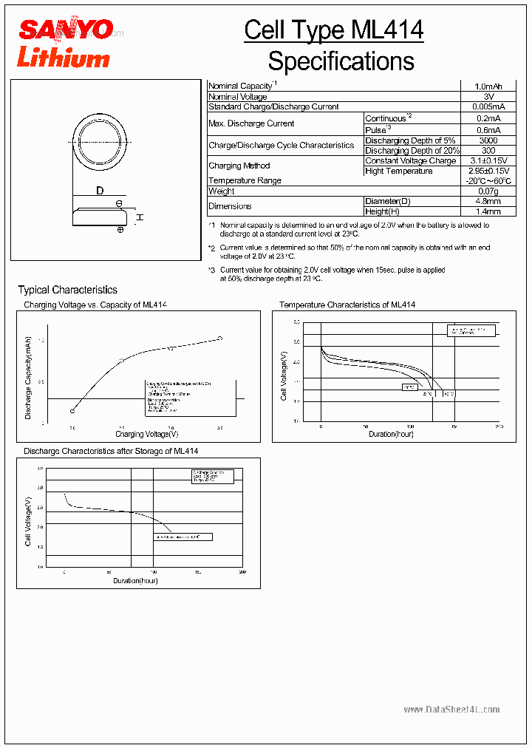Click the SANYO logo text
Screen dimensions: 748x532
(66, 30)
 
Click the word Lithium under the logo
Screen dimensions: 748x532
(63, 57)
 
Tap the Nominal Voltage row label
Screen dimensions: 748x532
(238, 97)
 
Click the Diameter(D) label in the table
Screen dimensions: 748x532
(388, 201)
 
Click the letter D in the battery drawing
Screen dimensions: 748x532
(100, 191)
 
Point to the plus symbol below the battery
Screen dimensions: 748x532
(120, 230)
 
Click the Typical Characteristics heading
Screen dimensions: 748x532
(67, 290)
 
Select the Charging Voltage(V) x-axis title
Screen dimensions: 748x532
(146, 434)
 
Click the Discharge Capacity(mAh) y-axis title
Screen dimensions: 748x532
(29, 377)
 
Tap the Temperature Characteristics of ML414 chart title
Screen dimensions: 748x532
(347, 305)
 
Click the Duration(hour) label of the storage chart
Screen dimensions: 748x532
(135, 580)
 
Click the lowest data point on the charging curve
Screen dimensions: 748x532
(72, 411)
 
